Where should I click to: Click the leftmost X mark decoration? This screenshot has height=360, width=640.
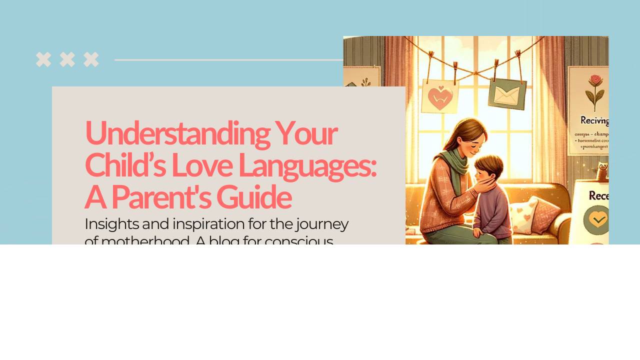pyautogui.click(x=43, y=59)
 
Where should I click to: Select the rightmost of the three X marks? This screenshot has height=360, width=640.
pyautogui.click(x=91, y=59)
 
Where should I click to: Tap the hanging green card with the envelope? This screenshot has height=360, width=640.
pyautogui.click(x=507, y=93)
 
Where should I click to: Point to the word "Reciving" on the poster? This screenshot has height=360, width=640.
pyautogui.click(x=594, y=120)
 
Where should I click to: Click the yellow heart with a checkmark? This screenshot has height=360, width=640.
pyautogui.click(x=597, y=219)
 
